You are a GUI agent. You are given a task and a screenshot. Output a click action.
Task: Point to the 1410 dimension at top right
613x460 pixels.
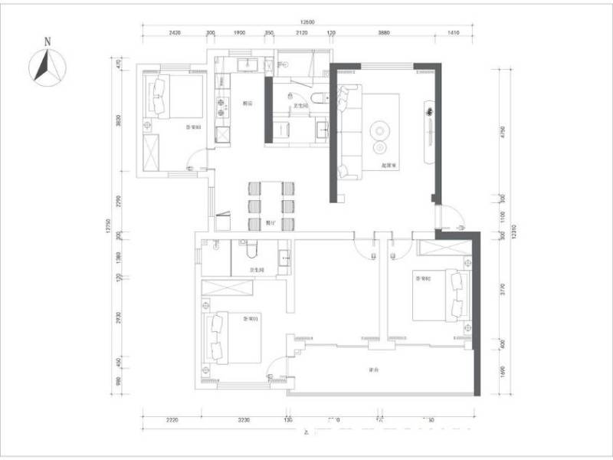click(x=453, y=34)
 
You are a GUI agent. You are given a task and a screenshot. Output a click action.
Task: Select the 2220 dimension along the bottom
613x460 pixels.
click(x=172, y=420)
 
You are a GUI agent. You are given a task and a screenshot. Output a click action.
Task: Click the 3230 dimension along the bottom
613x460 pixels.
click(x=244, y=420)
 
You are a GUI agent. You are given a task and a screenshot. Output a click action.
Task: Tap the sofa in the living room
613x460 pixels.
click(x=346, y=130)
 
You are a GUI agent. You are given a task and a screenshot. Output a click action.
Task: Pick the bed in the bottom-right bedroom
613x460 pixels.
click(x=441, y=295)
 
